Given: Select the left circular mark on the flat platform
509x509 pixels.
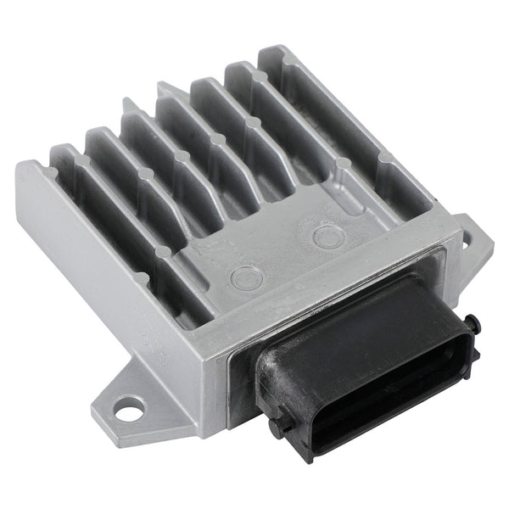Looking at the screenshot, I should (247, 275).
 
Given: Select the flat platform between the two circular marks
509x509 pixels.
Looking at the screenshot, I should (287, 255).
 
